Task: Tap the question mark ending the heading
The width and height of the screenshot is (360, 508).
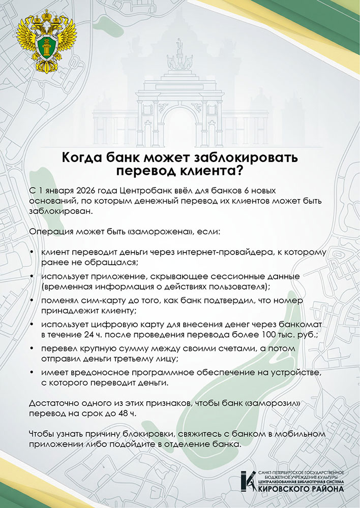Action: pos(238,170)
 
